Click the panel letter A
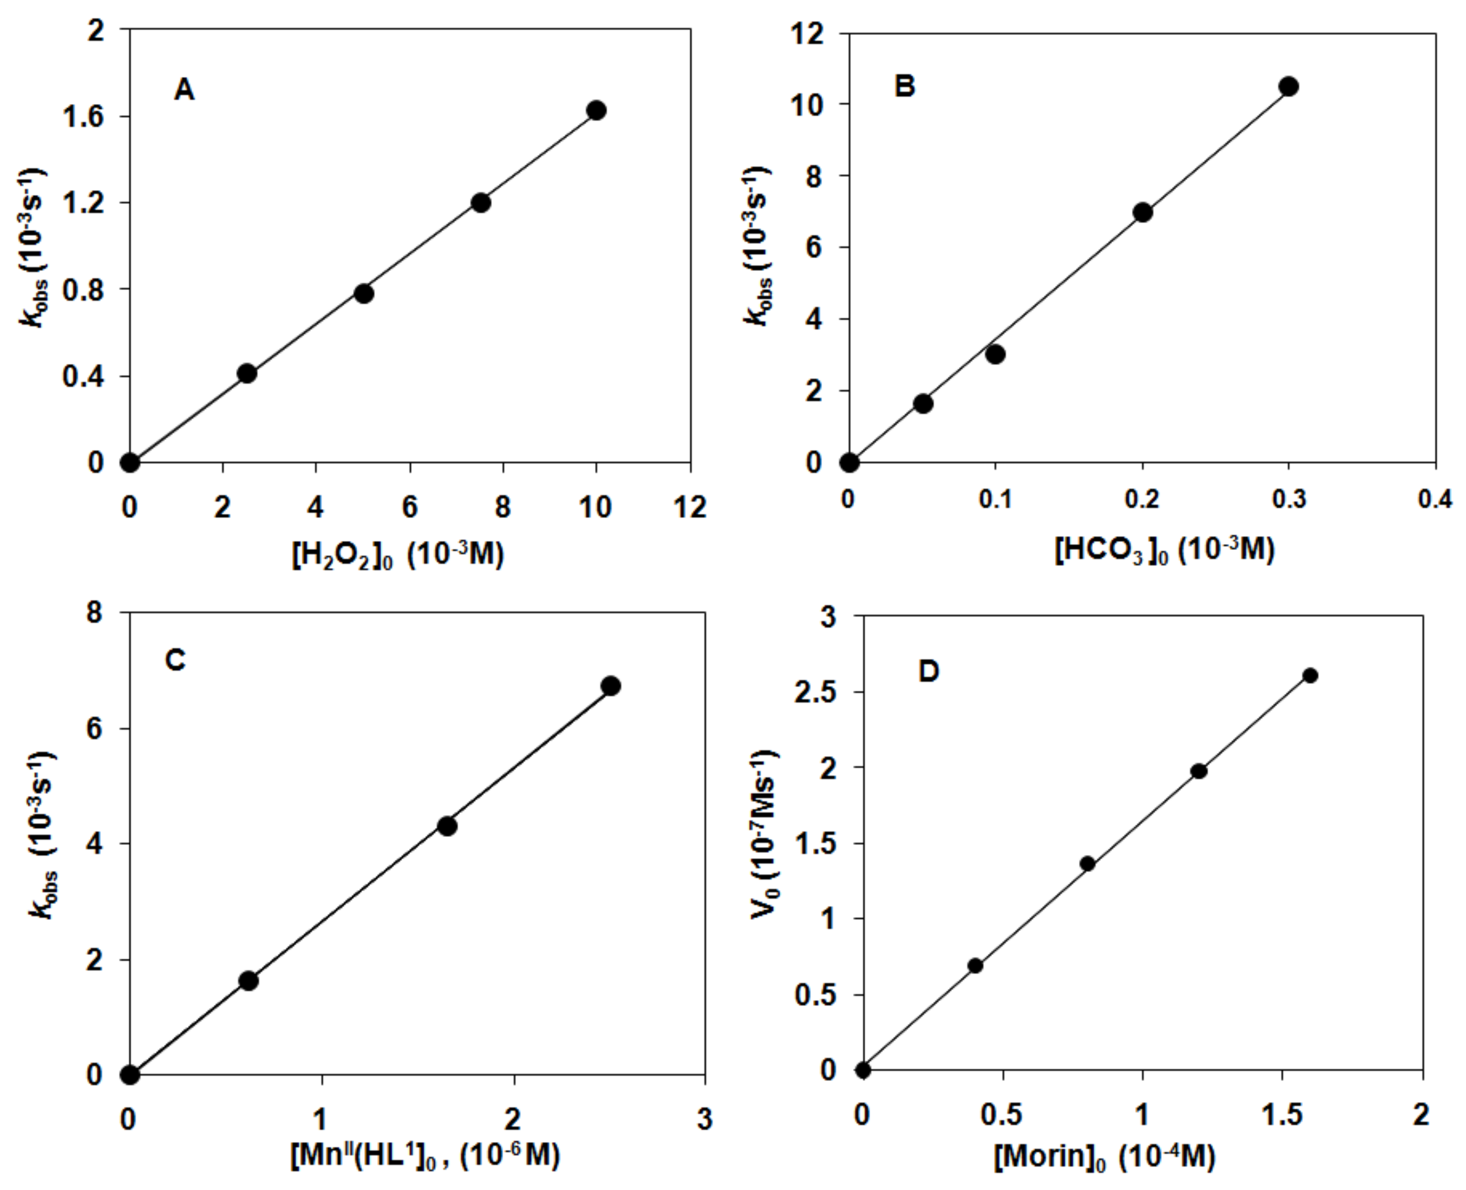[183, 90]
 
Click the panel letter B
[905, 87]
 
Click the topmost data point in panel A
[596, 111]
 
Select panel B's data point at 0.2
[1142, 212]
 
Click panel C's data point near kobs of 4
[448, 827]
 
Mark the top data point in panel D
[1310, 676]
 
